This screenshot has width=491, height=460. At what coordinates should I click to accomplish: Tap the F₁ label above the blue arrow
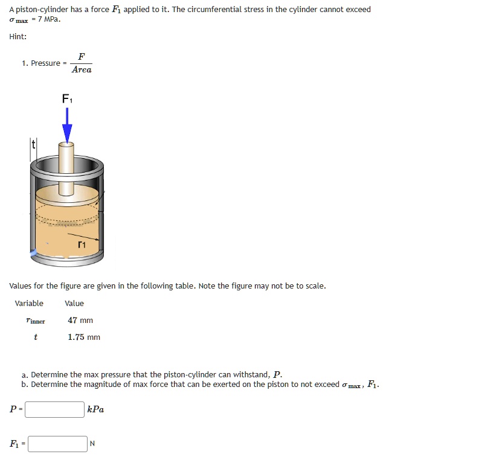pos(67,98)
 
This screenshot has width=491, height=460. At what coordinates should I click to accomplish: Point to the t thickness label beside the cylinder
pos(34,145)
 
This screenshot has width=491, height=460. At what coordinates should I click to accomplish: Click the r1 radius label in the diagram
pos(82,245)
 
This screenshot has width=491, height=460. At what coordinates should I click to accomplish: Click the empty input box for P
pos(55,409)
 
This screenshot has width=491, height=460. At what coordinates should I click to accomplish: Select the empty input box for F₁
pos(58,444)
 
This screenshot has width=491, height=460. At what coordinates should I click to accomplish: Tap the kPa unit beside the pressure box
pos(95,409)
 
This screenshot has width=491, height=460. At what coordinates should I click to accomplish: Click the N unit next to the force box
pos(92,444)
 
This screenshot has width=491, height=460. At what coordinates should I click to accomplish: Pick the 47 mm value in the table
pos(80,321)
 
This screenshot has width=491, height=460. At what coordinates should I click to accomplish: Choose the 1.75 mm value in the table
pos(84,337)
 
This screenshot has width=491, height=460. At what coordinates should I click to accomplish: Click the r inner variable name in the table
pos(36,321)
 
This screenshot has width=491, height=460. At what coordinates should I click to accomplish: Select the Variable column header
pos(29,303)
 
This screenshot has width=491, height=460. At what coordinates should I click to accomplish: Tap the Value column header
pos(74,303)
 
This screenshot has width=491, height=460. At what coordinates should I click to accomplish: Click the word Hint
pos(18,37)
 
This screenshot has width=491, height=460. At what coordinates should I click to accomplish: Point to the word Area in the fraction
pos(82,69)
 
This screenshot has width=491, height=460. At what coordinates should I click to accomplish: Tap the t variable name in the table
pos(36,337)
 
